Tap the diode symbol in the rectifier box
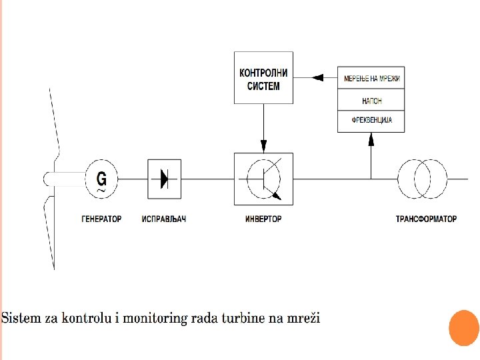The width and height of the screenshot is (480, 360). (x=165, y=179)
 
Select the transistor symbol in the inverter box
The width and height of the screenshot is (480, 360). (x=263, y=179)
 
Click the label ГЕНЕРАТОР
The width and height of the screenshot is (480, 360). (x=101, y=219)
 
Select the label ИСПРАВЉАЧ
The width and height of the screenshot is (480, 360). (x=164, y=219)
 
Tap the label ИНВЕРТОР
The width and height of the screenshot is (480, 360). (x=263, y=219)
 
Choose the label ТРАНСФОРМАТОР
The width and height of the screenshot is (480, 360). (x=426, y=219)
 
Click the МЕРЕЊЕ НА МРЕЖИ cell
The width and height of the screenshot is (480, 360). (x=371, y=78)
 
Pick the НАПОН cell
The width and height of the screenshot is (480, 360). (x=371, y=100)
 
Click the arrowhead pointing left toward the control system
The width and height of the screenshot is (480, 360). (x=317, y=78)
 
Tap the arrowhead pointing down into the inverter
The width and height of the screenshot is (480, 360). (x=263, y=146)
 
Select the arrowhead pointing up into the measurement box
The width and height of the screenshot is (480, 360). (x=371, y=139)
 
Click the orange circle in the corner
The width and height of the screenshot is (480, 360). (x=464, y=328)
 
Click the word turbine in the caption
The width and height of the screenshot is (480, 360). (x=243, y=318)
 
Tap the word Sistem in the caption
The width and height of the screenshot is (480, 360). (x=21, y=318)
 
